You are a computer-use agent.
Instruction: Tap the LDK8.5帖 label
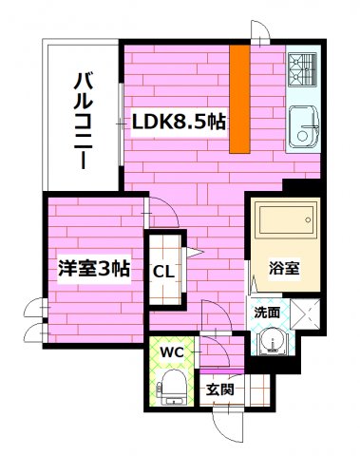coord(178,121)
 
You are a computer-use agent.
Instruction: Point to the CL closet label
coord(163,271)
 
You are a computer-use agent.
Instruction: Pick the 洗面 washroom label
coord(266,311)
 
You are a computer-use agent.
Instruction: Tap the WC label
coord(171,352)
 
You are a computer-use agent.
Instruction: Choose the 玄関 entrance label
coord(221,389)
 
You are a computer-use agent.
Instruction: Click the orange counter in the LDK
coord(239,99)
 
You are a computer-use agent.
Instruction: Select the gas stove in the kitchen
coord(303,69)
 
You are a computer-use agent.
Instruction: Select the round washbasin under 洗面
coord(273,339)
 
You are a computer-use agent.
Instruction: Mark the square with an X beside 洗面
coord(306,311)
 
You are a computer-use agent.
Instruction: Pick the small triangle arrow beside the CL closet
coord(193,252)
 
